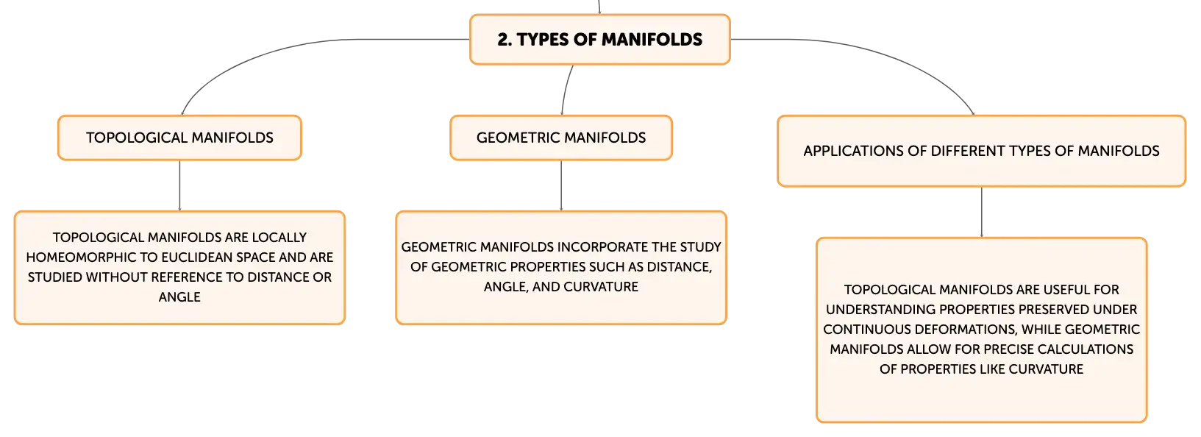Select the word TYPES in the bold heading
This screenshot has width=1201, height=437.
point(542,40)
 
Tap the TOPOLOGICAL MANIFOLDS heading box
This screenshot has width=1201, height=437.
point(179,138)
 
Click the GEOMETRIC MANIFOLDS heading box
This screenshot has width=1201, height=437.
point(561,138)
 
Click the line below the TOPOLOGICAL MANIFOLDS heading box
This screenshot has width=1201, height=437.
point(179,185)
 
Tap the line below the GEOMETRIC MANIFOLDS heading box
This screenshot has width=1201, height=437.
point(561,185)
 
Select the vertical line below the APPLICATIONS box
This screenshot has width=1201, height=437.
point(982,212)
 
